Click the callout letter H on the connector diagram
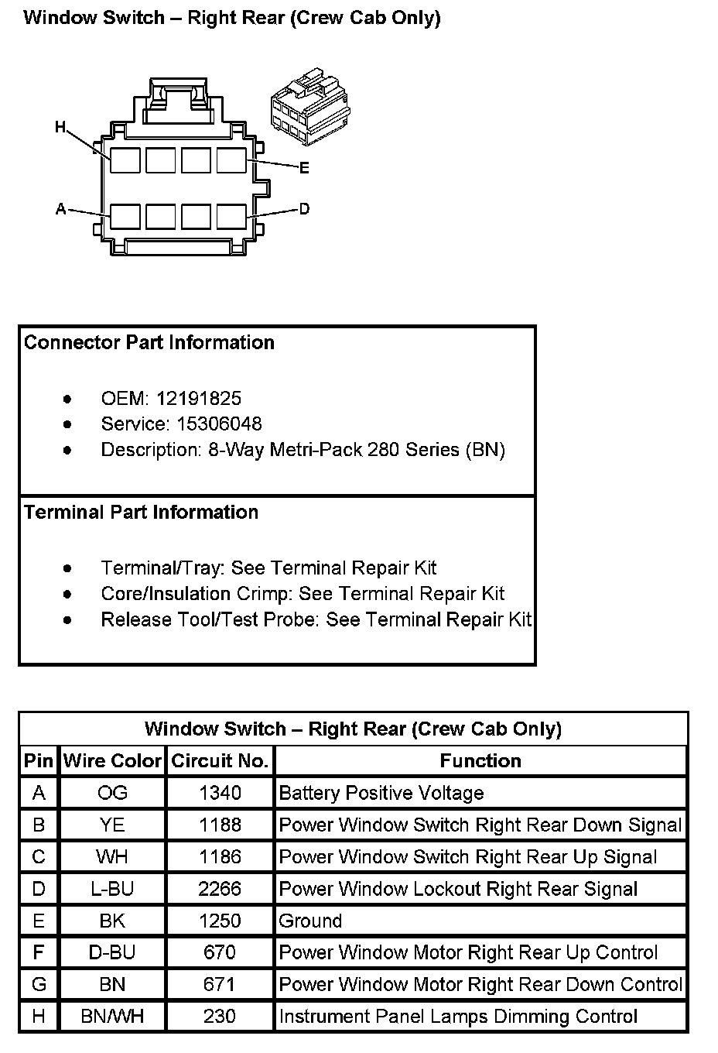click(x=60, y=126)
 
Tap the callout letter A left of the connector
click(x=61, y=209)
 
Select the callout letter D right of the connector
click(x=304, y=209)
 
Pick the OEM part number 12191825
click(x=198, y=399)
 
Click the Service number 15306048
click(x=208, y=424)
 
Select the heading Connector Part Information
click(x=149, y=343)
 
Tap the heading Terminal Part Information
click(x=141, y=513)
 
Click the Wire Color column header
click(x=112, y=761)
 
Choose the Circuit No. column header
click(x=220, y=761)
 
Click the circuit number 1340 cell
click(x=220, y=793)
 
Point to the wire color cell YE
click(x=112, y=825)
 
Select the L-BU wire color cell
click(x=112, y=889)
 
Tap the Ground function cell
click(x=310, y=921)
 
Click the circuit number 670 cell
click(x=220, y=953)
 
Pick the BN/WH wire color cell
click(x=112, y=1017)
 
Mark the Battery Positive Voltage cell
click(x=381, y=793)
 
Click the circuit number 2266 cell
click(x=220, y=889)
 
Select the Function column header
click(x=480, y=761)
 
